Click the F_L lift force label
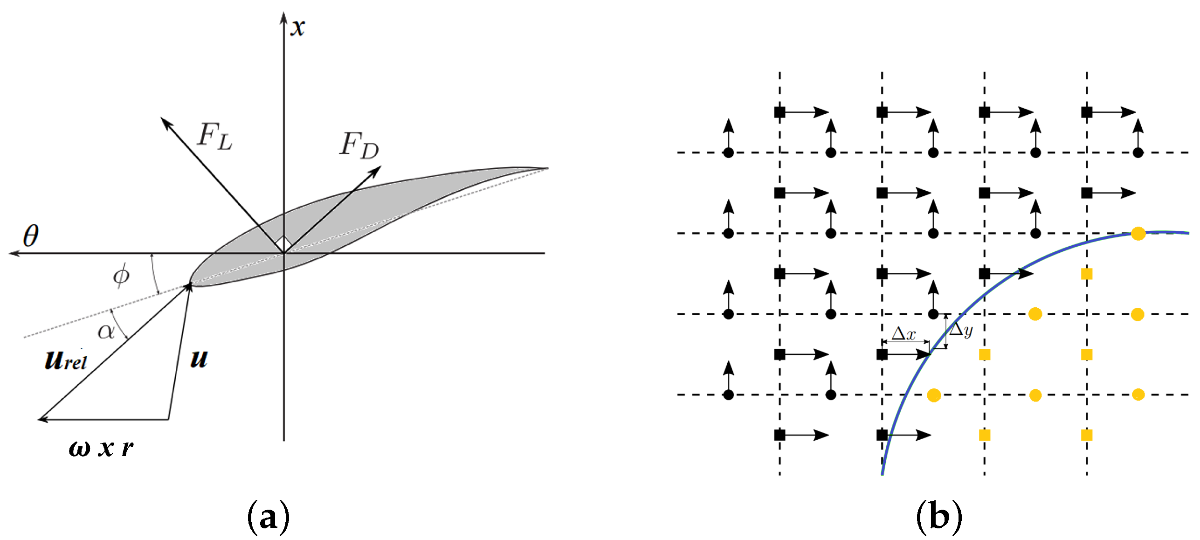point(214,136)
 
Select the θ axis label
point(31,236)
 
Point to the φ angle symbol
point(121,275)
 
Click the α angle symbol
point(106,331)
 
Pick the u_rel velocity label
point(66,360)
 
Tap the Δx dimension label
point(903,334)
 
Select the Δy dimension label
point(961,330)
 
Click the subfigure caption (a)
point(269,516)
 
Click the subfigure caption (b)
point(938,516)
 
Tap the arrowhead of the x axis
point(283,17)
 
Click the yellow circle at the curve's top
point(1138,234)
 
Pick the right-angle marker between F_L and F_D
point(283,242)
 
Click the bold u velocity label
point(199,359)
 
